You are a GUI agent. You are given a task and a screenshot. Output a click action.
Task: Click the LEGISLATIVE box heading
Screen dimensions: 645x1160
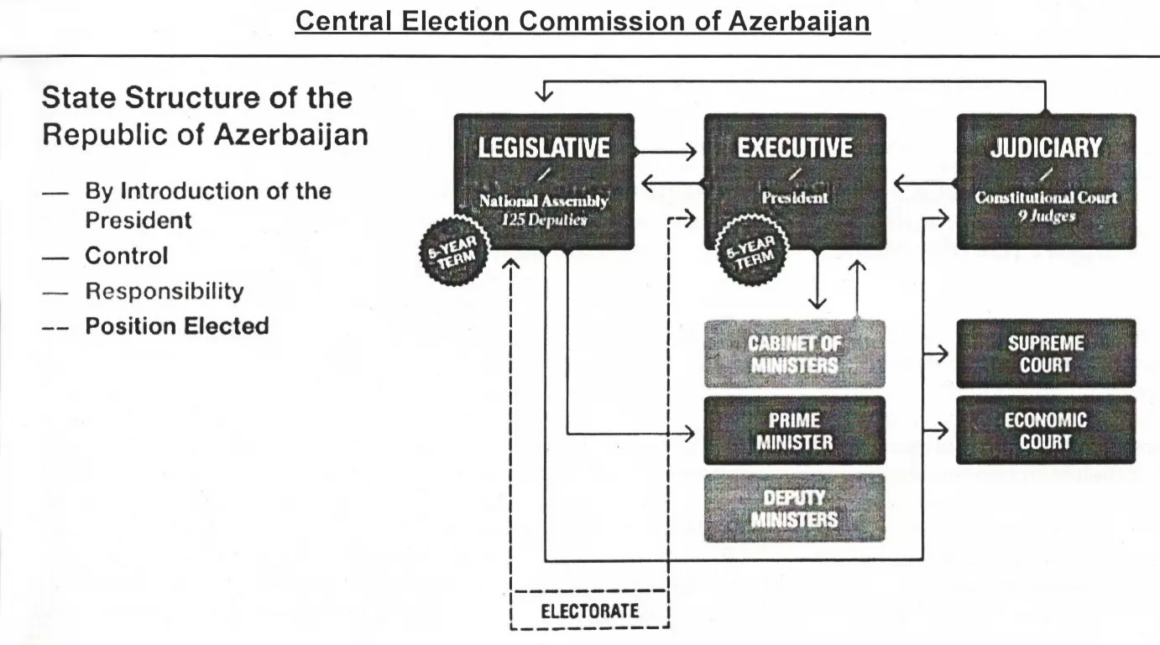point(544,149)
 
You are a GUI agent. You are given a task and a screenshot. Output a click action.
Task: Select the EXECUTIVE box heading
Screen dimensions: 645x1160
point(794,149)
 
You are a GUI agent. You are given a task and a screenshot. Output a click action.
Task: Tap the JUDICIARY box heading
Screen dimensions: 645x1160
point(1046,149)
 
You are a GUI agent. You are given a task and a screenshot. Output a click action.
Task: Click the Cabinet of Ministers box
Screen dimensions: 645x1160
point(794,354)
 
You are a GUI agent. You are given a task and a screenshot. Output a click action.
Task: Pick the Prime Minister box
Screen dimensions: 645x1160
point(794,430)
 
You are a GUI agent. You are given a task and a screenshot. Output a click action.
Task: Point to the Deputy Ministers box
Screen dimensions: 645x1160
point(794,508)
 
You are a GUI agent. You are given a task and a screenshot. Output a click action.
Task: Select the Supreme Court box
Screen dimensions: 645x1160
point(1046,354)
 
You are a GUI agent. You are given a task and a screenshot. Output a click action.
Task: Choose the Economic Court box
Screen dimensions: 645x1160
point(1046,430)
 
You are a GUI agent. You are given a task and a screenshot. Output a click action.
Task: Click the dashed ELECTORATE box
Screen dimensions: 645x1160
point(589,611)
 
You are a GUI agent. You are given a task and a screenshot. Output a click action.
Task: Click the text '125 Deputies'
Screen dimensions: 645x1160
point(544,218)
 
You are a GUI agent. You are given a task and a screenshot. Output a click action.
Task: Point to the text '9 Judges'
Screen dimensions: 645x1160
point(1046,216)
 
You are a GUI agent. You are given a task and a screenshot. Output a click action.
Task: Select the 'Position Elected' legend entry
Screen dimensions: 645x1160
point(176,326)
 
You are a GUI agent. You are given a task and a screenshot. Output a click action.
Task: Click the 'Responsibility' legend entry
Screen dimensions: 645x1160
point(164,292)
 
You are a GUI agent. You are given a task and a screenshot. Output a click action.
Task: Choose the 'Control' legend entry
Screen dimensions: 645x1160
point(126,256)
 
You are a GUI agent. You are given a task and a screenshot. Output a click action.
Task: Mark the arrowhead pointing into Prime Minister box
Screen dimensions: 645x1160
point(692,433)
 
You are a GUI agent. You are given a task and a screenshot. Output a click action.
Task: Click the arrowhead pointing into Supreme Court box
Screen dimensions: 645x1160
point(943,354)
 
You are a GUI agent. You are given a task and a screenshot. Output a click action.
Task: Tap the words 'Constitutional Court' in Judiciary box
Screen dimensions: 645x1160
point(1046,198)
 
